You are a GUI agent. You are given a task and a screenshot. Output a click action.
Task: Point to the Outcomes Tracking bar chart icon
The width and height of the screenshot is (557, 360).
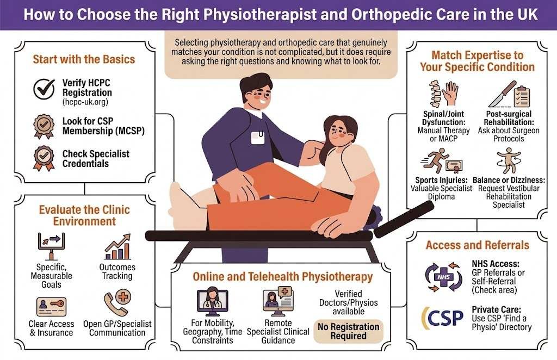(117, 247)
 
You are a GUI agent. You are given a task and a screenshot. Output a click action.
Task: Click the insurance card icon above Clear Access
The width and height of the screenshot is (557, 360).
(52, 306)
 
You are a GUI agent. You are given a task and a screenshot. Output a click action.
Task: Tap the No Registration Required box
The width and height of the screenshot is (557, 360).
(349, 331)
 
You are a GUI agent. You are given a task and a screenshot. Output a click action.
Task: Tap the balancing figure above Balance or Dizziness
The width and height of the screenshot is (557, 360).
(506, 161)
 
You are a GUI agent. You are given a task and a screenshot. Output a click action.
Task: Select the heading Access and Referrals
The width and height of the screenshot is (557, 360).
(477, 245)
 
